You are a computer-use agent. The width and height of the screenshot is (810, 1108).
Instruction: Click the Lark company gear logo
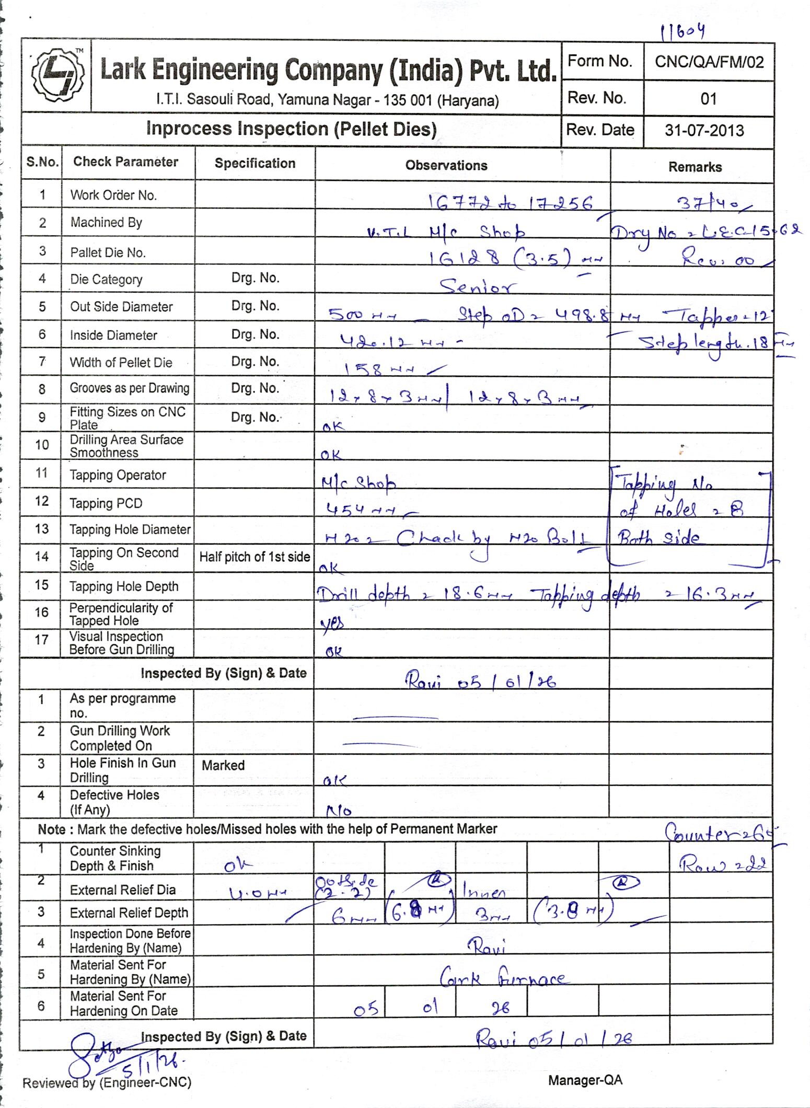tap(56, 74)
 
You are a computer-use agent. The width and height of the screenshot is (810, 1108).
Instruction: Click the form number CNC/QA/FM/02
tap(709, 63)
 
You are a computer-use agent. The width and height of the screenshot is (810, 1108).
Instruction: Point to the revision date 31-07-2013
tap(704, 130)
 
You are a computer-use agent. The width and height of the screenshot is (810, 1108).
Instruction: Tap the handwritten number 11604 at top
tap(682, 32)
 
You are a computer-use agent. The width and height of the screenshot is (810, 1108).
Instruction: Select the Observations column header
tap(446, 166)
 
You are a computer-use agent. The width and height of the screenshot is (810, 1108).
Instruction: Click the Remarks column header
tap(695, 167)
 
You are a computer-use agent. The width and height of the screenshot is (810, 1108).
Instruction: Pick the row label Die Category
tap(106, 280)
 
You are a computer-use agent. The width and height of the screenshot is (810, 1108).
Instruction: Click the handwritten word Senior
tap(477, 286)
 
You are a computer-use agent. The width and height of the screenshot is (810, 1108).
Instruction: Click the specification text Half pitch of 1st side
tap(254, 557)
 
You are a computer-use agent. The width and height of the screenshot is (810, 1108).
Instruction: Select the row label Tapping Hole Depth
tap(124, 586)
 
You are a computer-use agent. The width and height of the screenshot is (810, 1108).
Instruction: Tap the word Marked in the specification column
tap(223, 765)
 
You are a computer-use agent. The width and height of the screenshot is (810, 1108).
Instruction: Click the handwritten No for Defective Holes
tap(339, 811)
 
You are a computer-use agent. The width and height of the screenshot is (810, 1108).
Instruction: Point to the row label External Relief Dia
tap(122, 890)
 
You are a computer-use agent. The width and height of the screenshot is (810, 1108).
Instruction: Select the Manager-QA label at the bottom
tap(585, 1080)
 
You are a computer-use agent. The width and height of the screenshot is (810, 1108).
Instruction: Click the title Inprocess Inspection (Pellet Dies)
tap(291, 129)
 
